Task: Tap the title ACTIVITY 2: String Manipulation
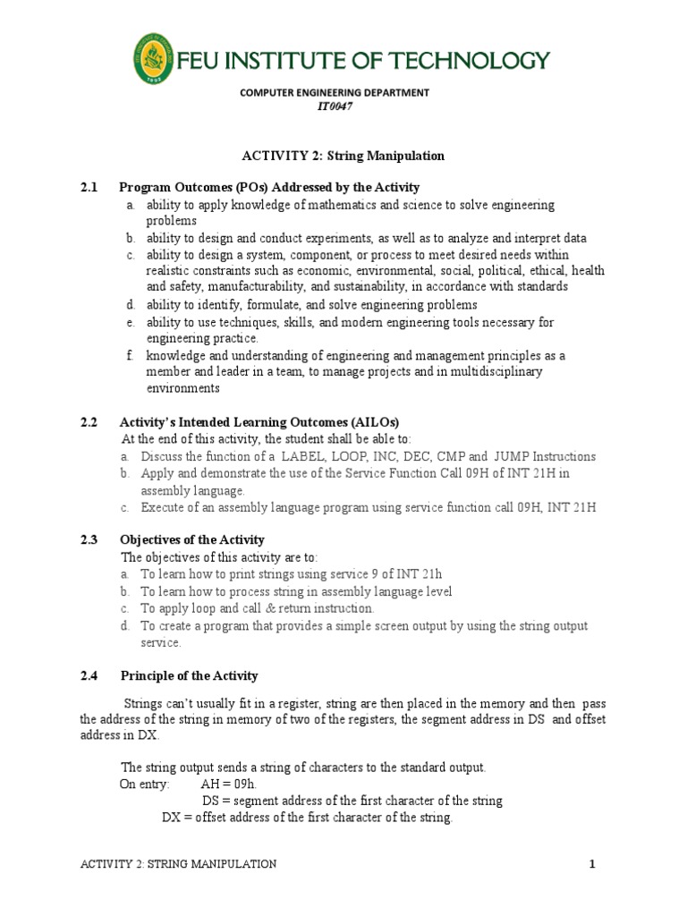[x=343, y=156]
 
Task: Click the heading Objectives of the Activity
[x=192, y=539]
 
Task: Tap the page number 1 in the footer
[x=591, y=863]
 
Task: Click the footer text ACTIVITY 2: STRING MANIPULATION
[x=178, y=863]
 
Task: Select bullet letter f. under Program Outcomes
[x=130, y=355]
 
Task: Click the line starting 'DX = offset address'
[x=307, y=818]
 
